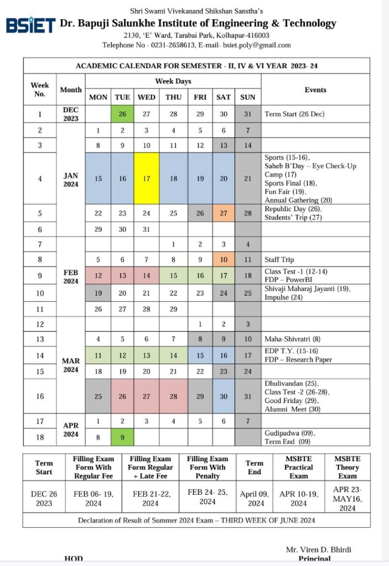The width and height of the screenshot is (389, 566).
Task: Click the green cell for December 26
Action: [x=122, y=114]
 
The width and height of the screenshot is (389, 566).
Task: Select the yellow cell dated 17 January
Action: [x=147, y=179]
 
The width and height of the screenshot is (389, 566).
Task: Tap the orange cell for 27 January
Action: [x=224, y=213]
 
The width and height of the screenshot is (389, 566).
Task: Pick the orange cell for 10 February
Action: [x=224, y=259]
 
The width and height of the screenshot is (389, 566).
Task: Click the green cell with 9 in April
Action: [x=122, y=438]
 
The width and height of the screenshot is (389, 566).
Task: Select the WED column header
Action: [x=147, y=97]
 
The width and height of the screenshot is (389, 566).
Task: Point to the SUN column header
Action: [x=248, y=97]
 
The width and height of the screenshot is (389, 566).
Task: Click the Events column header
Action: [x=315, y=90]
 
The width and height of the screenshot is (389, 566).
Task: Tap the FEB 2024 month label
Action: [x=70, y=276]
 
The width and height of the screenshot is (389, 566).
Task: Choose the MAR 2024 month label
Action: [x=70, y=365]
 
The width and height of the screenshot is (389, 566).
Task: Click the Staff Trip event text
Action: [x=279, y=259]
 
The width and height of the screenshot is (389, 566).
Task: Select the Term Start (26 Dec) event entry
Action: [x=294, y=114]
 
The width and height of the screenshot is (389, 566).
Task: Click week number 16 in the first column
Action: [x=39, y=396]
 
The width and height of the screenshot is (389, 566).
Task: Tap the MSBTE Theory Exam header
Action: [x=347, y=467]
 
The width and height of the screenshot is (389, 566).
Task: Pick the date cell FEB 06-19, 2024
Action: [x=94, y=499]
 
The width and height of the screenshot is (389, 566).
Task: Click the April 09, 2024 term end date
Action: [x=255, y=499]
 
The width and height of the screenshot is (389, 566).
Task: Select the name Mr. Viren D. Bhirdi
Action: [x=318, y=549]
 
